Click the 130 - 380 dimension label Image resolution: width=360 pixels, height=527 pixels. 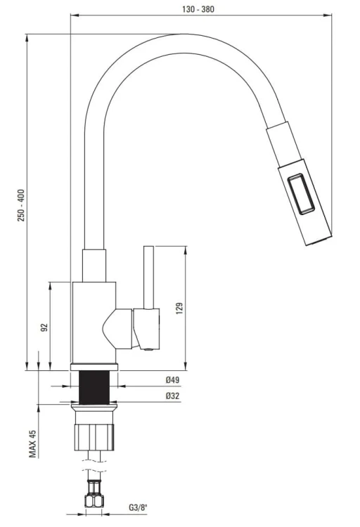(198, 9)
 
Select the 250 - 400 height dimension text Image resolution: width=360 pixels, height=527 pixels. (21, 205)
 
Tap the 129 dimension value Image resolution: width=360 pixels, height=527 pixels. (179, 308)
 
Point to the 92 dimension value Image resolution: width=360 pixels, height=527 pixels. (44, 327)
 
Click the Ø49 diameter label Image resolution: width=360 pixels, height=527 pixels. (172, 380)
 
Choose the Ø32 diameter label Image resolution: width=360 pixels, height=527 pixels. (172, 396)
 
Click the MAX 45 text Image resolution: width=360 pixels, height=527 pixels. (32, 443)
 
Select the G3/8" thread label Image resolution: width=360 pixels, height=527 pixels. (139, 507)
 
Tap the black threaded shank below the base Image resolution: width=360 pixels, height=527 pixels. (94, 387)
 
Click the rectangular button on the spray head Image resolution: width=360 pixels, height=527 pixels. (301, 194)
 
